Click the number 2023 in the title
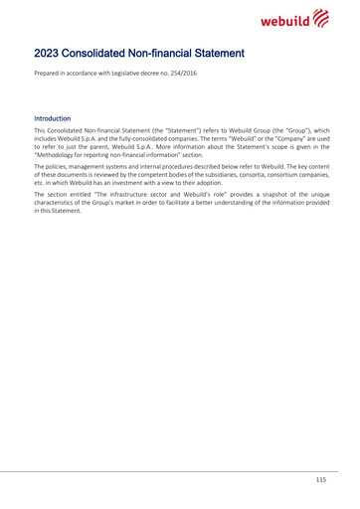point(50,53)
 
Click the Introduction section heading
point(55,118)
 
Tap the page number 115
point(320,480)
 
